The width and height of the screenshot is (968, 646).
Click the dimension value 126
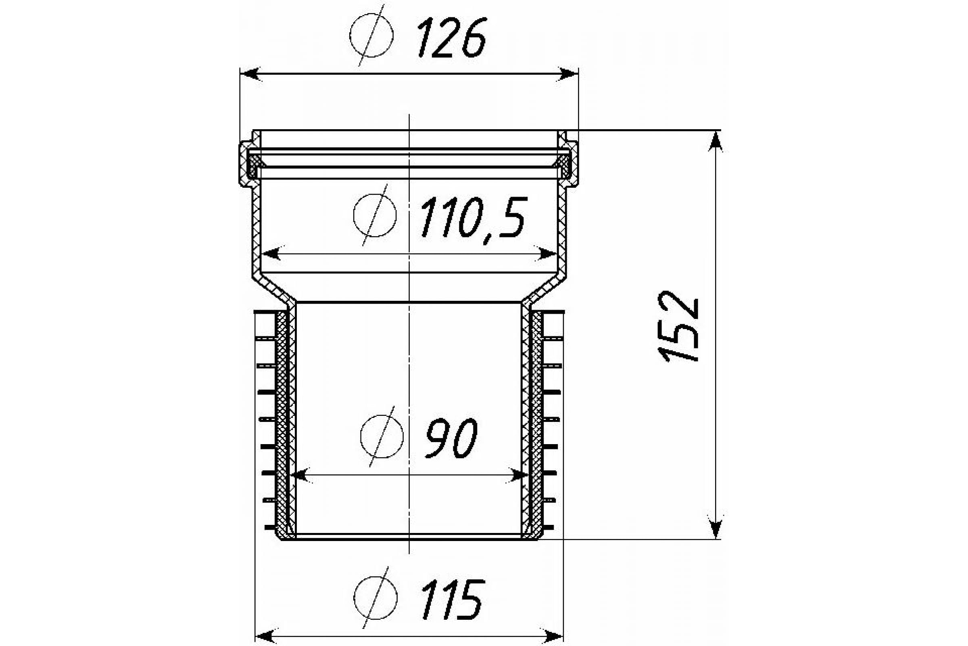click(452, 37)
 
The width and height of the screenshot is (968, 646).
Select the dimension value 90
click(451, 438)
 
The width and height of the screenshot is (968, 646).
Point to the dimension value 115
click(452, 599)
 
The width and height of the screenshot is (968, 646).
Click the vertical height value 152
click(678, 327)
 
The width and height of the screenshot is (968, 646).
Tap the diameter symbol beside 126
click(371, 36)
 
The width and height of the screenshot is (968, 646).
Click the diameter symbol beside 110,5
click(375, 216)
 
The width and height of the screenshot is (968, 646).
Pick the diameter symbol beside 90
click(382, 436)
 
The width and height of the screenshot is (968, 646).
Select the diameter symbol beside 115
click(376, 598)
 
